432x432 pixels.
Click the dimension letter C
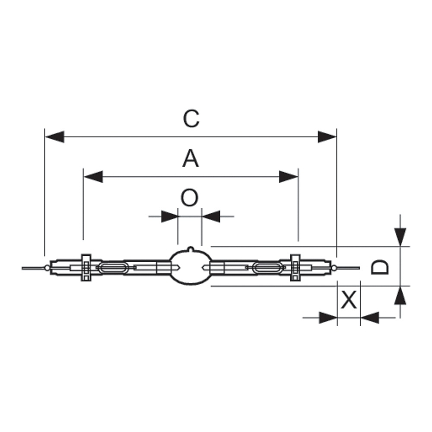pos(191,119)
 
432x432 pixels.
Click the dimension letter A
pos(191,159)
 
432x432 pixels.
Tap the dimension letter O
pos(189,197)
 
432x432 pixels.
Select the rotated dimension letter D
pos(379,267)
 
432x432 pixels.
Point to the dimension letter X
pos(349,300)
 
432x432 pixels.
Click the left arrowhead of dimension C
pos(54,137)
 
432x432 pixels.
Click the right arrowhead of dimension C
pos(327,137)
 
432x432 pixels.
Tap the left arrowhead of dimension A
pos(93,177)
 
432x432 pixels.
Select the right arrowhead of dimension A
pos(289,177)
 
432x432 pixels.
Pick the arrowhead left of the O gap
pos(170,216)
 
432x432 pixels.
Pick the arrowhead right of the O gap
pos(211,216)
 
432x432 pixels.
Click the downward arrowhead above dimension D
pos(400,237)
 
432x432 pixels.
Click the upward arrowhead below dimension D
pos(400,295)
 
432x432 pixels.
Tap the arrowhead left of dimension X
pos(328,318)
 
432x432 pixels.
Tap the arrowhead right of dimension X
pos(370,318)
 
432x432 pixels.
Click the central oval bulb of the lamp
pos(190,267)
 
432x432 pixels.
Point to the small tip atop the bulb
pos(191,249)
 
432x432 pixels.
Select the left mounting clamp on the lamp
pos(86,267)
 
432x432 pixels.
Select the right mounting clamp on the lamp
pos(295,267)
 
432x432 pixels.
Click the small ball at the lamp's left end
pos(48,267)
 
